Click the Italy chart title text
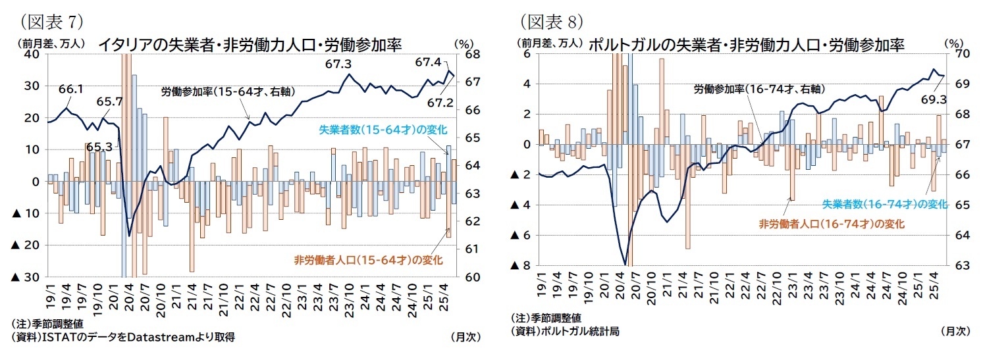coord(250,44)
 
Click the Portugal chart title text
coord(745,44)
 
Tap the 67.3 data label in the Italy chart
coord(338,64)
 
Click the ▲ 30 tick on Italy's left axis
coord(25,277)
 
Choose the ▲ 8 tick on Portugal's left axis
coord(522,266)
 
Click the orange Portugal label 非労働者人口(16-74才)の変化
coord(832,224)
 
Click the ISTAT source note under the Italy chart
coord(123,336)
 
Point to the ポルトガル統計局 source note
coord(565,331)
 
